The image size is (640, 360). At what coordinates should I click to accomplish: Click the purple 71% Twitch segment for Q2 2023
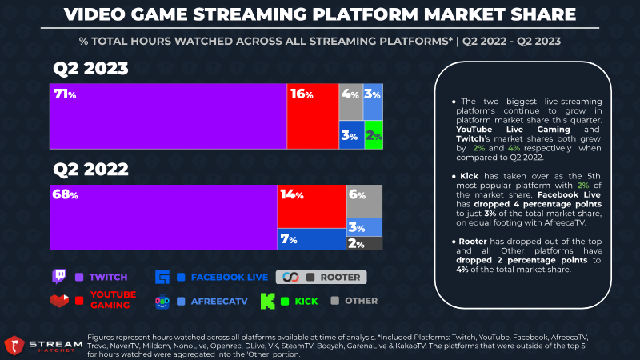coord(168,116)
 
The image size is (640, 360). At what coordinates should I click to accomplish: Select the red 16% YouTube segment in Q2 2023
coord(313,116)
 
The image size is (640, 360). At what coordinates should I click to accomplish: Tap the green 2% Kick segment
coord(373,135)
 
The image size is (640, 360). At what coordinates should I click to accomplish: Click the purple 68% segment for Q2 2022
coord(163,218)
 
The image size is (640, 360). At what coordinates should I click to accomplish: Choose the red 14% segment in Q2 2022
coord(311,206)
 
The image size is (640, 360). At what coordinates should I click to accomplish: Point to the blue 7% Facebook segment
coord(311,239)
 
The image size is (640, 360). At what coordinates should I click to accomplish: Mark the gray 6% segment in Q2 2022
coord(364,201)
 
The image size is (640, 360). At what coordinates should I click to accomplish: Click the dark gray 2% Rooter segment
coord(364,244)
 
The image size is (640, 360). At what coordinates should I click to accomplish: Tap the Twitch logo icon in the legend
coord(58,277)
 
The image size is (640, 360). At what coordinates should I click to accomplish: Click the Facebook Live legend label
coord(234,277)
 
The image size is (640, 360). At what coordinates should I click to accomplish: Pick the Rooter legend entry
coord(321,277)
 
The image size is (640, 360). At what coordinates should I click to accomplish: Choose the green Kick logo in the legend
coord(268,302)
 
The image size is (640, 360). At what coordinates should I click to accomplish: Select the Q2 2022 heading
coord(90,170)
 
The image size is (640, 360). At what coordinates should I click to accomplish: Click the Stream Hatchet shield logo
coord(14,345)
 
